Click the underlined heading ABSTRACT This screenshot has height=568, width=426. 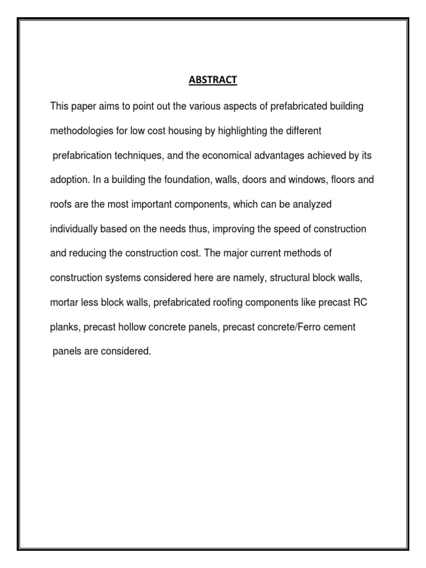[213, 80]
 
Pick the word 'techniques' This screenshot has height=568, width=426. [136, 156]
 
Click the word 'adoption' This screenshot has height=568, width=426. [67, 180]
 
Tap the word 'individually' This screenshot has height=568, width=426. [73, 229]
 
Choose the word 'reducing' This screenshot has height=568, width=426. [84, 253]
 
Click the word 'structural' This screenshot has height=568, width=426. [288, 278]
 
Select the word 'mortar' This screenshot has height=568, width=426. [63, 302]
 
